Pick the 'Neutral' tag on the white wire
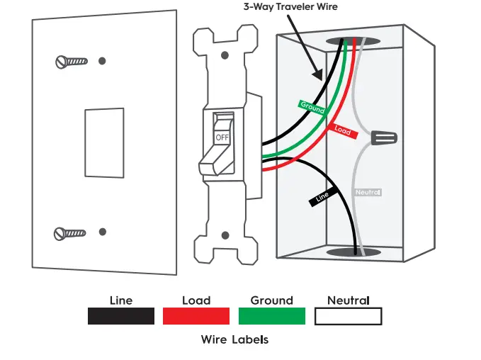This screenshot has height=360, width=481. [367, 192]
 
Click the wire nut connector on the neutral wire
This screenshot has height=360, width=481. [383, 137]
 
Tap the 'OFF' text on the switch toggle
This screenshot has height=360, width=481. [222, 136]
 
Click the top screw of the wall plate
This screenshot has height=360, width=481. [71, 62]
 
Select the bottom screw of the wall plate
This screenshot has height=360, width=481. [71, 232]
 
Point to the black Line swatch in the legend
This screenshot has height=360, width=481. [121, 316]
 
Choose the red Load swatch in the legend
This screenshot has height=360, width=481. [196, 316]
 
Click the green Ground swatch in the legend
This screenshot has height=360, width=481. [272, 316]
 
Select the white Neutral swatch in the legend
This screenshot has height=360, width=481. [349, 316]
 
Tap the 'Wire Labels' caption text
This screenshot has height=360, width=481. [234, 339]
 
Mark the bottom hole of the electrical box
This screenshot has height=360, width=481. [352, 252]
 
